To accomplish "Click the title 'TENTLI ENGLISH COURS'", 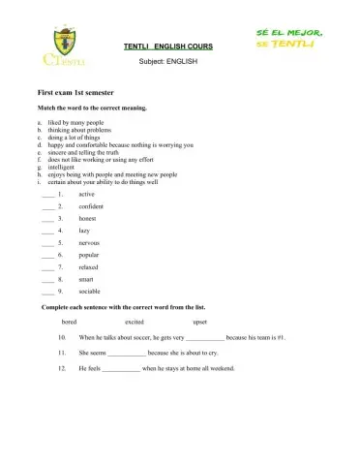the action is (168, 46).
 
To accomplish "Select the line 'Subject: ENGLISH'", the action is (168, 60).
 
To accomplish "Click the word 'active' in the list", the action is (86, 194).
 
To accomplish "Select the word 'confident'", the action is (91, 206).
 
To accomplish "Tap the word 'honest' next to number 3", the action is (87, 218).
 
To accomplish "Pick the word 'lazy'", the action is (83, 231).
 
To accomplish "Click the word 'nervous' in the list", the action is (89, 242).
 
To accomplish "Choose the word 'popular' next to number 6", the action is (89, 255).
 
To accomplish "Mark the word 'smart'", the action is (86, 279).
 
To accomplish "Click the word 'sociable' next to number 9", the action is (90, 291).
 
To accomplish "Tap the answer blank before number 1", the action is (46, 195).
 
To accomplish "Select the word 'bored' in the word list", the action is (69, 321).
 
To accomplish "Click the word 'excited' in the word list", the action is (135, 321).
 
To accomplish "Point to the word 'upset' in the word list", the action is (199, 321).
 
